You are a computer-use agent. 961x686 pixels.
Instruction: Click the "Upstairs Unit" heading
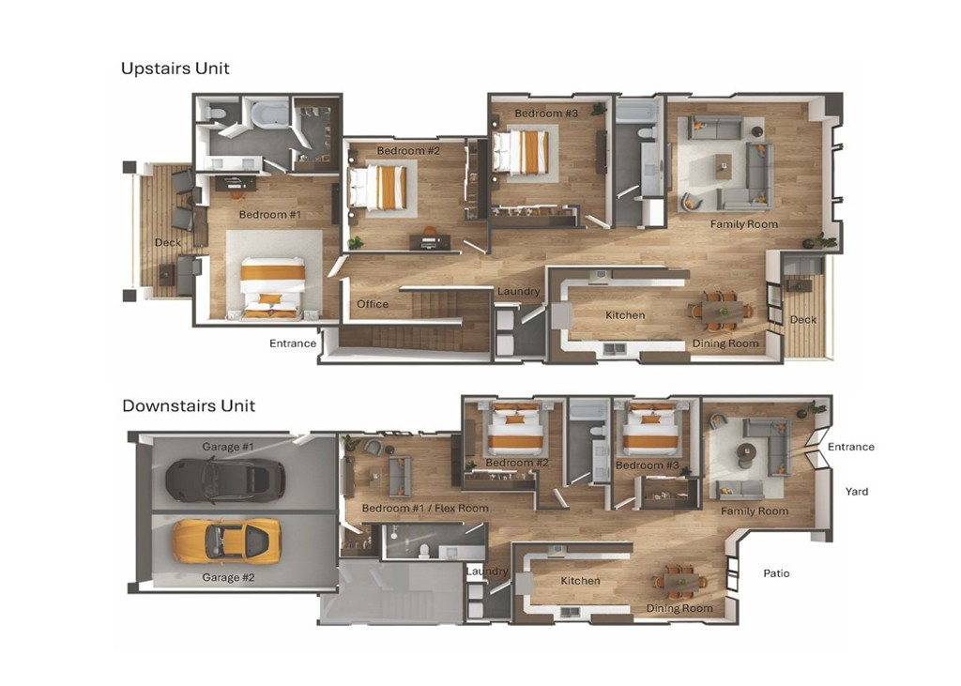[x=175, y=69]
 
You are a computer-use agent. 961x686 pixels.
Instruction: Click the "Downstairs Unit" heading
[x=189, y=406]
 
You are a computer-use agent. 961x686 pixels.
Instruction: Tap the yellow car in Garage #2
[x=225, y=541]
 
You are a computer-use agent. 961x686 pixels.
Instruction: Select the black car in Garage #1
[x=224, y=480]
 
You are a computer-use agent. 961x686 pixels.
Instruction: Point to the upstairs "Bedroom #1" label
[x=270, y=215]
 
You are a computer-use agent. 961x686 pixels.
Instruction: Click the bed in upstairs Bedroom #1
[x=272, y=283]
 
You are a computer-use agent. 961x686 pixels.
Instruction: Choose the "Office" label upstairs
[x=373, y=304]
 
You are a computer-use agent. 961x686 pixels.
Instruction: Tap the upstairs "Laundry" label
[x=519, y=292]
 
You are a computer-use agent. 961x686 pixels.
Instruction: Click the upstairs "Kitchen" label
[x=625, y=315]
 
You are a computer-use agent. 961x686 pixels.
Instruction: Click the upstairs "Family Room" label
[x=744, y=224]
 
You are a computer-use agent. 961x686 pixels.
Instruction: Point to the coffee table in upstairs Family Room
[x=723, y=169]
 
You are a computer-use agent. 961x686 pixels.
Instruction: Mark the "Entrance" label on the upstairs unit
[x=293, y=343]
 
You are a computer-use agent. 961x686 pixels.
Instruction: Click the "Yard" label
[x=856, y=492]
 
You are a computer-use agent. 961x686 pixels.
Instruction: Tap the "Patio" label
[x=776, y=573]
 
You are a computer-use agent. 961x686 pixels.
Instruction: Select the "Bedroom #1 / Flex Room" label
[x=425, y=509]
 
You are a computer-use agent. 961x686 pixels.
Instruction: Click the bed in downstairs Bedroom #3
[x=651, y=431]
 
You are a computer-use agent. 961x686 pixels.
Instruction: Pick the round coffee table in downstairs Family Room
[x=747, y=451]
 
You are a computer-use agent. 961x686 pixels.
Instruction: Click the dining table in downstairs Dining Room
[x=679, y=582]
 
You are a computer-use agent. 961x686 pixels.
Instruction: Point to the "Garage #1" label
[x=228, y=447]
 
